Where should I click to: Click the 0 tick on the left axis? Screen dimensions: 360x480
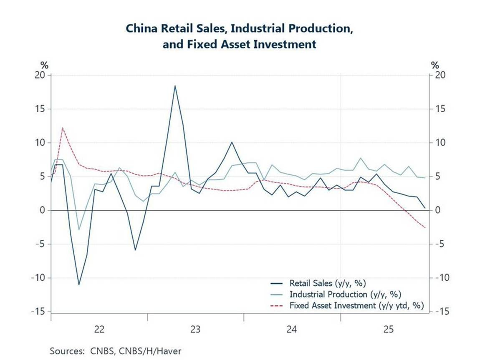[x=42, y=210]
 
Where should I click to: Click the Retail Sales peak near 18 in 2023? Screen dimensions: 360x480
[x=175, y=86]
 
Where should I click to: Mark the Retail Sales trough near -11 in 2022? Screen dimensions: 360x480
[x=78, y=284]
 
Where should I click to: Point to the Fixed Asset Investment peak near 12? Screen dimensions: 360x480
[x=62, y=128]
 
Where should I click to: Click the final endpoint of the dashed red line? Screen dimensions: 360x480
[x=425, y=228]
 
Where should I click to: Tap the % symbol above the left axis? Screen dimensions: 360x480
[x=44, y=65]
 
